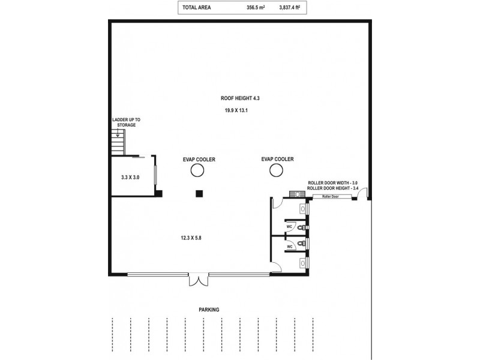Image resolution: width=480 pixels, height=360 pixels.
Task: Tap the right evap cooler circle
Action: [276, 171]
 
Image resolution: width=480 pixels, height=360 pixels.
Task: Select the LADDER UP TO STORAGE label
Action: [126, 122]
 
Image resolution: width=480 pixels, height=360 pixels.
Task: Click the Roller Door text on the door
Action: [330, 196]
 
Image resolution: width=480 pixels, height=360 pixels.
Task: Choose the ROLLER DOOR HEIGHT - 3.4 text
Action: [332, 188]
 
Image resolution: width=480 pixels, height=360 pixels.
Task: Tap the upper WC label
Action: [289, 226]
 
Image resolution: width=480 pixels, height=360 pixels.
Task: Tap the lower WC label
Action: [289, 246]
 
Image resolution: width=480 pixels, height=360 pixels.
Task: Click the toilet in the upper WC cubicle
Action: [306, 228]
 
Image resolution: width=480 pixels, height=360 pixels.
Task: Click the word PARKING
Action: [209, 310]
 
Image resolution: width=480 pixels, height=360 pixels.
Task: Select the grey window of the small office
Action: [155, 176]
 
